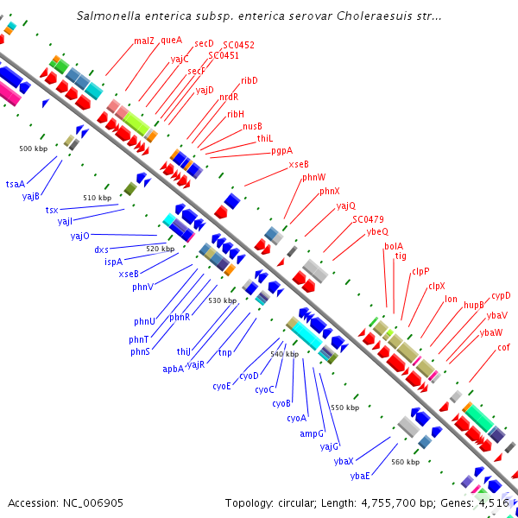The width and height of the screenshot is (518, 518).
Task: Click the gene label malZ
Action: (x=144, y=41)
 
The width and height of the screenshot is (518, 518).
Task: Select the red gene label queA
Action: (x=172, y=41)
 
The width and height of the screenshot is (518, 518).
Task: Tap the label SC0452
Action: (x=238, y=45)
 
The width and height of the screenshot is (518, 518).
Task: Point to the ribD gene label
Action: (x=250, y=80)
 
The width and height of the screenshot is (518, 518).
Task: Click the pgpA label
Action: (x=281, y=151)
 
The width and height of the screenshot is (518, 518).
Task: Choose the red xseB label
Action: (x=299, y=164)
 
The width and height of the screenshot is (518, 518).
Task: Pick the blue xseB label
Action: (x=129, y=274)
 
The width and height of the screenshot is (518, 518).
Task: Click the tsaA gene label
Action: (x=16, y=184)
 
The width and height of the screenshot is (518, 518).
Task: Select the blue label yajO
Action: (x=80, y=237)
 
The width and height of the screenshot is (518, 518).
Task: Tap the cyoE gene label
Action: (x=222, y=386)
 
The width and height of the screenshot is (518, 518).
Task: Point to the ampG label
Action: (x=312, y=433)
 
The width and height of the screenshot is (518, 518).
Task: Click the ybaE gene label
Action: (x=360, y=476)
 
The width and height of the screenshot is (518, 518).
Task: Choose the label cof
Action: (x=503, y=347)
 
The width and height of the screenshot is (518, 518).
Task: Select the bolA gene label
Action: (x=394, y=246)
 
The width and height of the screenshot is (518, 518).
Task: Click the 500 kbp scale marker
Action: (x=34, y=148)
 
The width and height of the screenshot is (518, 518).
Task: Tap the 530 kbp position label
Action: (x=223, y=300)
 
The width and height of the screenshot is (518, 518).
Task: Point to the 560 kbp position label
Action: (x=406, y=462)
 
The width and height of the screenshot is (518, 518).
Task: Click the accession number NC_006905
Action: (x=93, y=503)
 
